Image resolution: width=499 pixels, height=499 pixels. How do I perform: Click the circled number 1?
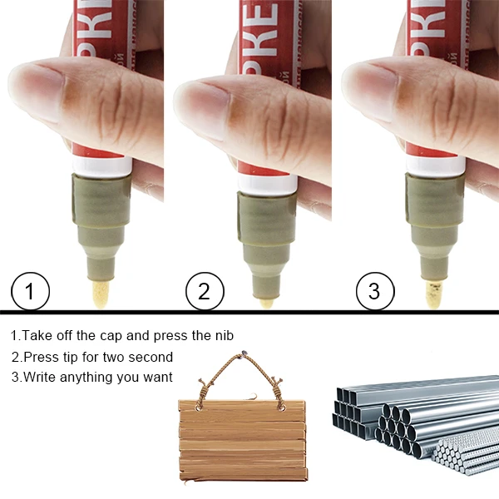[x=31, y=291]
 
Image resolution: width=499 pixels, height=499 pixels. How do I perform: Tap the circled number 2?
[x=205, y=291]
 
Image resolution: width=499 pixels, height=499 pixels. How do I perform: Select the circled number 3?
[x=373, y=291]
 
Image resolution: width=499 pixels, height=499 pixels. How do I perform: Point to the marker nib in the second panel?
[x=266, y=300]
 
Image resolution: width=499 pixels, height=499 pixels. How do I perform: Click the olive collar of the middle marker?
[x=266, y=216]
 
